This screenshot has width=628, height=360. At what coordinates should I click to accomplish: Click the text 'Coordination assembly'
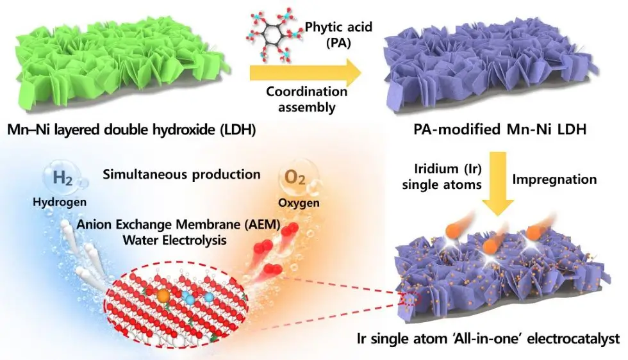point(307,99)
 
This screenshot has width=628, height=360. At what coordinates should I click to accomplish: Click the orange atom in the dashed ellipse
point(163,296)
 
